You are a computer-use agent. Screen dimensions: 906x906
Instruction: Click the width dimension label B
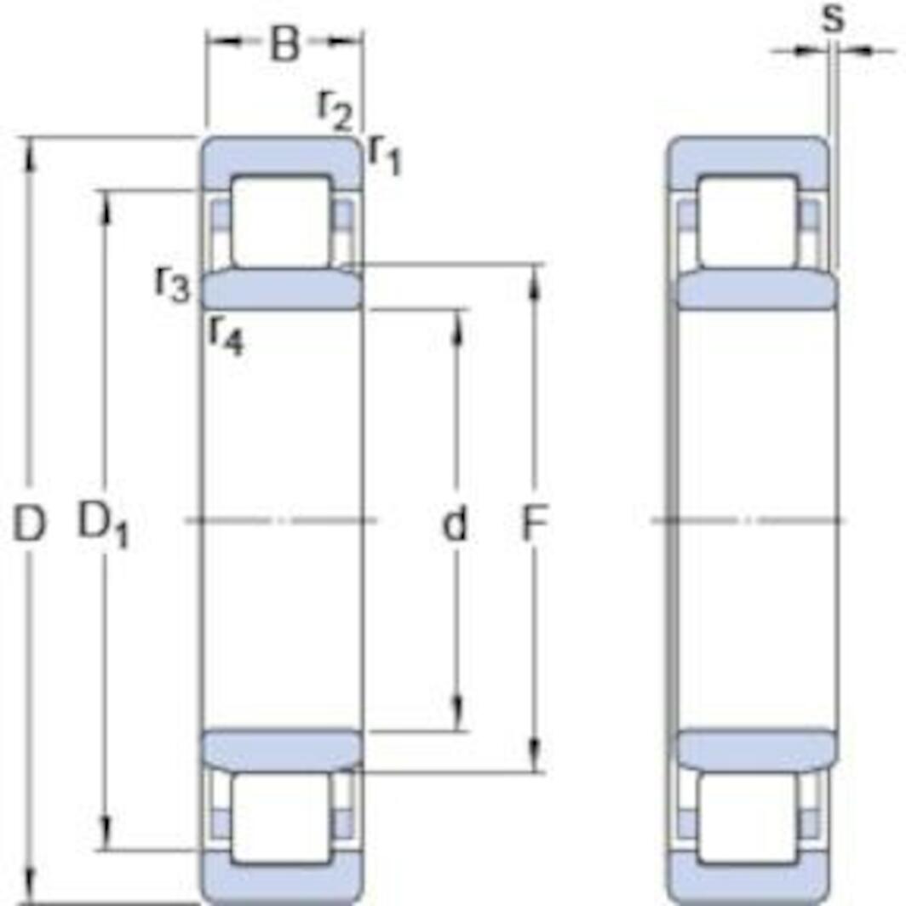coord(284,44)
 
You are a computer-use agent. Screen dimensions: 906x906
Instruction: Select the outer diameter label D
coord(29,525)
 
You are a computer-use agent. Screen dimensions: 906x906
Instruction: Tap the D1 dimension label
coord(103,525)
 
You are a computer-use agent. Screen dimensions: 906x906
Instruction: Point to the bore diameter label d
coord(456,525)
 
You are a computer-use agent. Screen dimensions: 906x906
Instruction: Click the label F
coord(534,525)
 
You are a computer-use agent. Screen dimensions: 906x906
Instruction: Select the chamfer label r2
coord(335,109)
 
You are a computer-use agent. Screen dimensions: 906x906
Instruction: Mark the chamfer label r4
coord(226,335)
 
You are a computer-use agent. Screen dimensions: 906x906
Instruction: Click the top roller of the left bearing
coord(281,221)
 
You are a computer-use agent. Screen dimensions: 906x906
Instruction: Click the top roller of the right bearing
coord(748,221)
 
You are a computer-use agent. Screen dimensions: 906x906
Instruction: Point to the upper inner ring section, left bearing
coord(281,290)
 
